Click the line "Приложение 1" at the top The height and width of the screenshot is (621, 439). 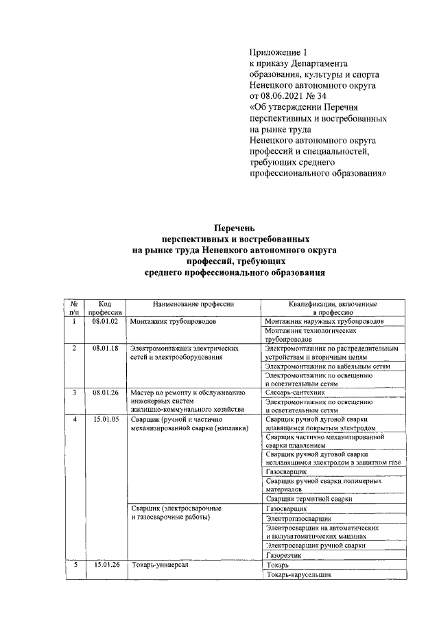(x=278, y=51)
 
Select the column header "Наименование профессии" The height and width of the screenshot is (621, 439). (x=193, y=303)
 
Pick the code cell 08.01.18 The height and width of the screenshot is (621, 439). (x=106, y=349)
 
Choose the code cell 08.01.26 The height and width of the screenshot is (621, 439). (x=106, y=393)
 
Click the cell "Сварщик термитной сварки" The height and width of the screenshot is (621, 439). (x=309, y=499)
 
